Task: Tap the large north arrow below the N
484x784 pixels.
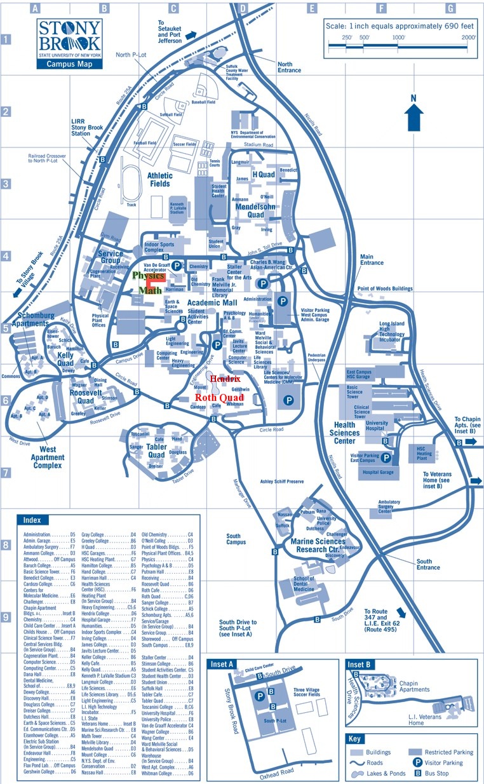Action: click(x=413, y=118)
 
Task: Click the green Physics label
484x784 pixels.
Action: click(x=148, y=276)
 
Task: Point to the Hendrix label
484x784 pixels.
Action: click(x=225, y=378)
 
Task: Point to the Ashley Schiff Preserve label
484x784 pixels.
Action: click(x=290, y=482)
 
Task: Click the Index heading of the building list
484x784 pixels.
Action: click(x=32, y=520)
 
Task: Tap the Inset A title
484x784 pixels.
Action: click(x=222, y=665)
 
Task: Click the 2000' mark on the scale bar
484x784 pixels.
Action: click(x=469, y=37)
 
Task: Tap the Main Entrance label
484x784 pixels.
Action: click(x=372, y=259)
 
